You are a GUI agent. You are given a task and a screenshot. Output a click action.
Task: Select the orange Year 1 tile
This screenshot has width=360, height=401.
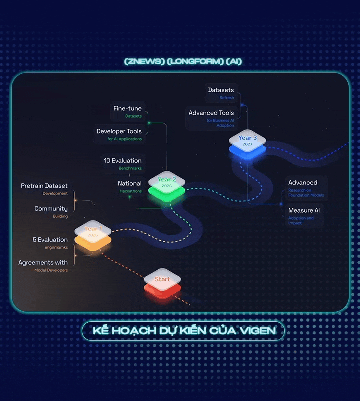[93, 234]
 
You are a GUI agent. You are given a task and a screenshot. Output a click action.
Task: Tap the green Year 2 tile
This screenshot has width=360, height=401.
[167, 184]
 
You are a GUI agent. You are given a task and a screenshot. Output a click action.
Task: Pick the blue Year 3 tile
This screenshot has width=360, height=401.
[248, 142]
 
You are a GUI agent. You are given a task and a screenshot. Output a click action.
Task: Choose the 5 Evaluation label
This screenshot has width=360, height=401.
[50, 243]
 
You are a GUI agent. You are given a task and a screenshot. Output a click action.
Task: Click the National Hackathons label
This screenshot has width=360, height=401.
[130, 187]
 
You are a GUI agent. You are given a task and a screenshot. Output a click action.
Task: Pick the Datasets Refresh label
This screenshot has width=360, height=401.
[221, 93]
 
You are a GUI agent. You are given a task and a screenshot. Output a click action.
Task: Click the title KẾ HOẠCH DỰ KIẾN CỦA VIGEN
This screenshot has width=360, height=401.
[183, 331]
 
